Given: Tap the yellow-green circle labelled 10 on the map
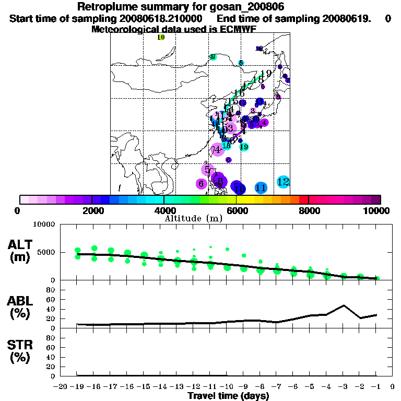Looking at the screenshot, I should tap(161, 37).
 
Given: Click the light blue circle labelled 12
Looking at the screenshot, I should tap(283, 182).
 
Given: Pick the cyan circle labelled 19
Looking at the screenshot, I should tap(244, 147).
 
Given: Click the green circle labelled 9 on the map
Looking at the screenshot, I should tap(213, 57).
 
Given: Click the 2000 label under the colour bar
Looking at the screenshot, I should tap(92, 210).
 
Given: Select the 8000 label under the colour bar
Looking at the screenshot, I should tap(309, 210).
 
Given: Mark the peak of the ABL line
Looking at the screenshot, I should tap(344, 305).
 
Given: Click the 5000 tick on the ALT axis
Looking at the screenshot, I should tap(45, 253).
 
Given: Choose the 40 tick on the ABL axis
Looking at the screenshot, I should tap(51, 309).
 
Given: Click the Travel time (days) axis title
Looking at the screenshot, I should tap(228, 396).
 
